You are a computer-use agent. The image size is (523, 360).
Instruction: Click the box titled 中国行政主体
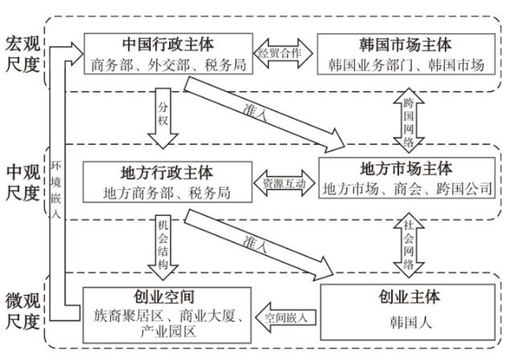(167, 53)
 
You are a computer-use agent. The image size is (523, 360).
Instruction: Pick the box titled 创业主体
(410, 307)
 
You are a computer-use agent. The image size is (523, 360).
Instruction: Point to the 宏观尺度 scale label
(23, 53)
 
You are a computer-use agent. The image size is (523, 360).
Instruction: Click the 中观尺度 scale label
(23, 183)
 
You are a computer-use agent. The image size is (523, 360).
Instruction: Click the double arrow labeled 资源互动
(284, 183)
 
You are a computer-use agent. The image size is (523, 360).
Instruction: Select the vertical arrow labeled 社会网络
(408, 249)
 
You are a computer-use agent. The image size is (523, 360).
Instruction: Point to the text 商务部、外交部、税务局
(167, 64)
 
